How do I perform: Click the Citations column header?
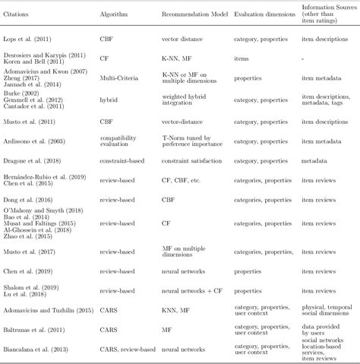coord(22,14)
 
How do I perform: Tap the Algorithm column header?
coord(114,14)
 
